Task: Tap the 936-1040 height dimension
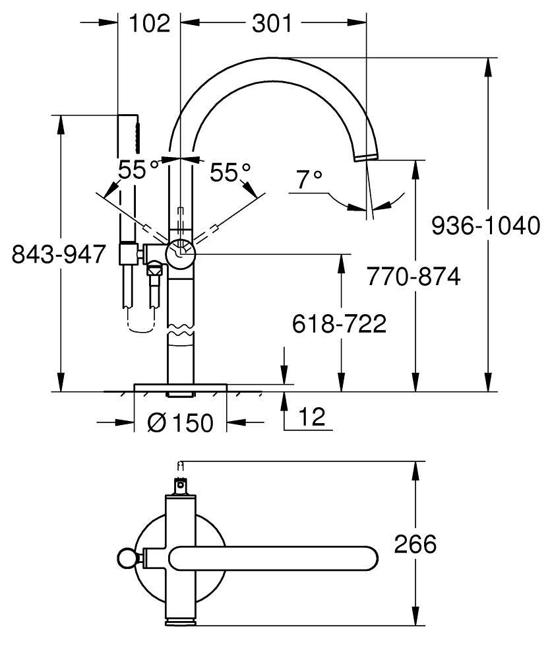tap(485, 226)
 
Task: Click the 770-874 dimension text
tap(413, 277)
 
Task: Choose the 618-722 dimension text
tap(339, 323)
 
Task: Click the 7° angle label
tap(309, 179)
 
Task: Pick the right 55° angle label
tap(230, 173)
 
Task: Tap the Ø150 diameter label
tap(181, 423)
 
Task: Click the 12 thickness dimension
tap(310, 417)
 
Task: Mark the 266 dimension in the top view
tap(415, 544)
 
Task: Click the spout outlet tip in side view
tap(366, 156)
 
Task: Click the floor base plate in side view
tap(181, 387)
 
